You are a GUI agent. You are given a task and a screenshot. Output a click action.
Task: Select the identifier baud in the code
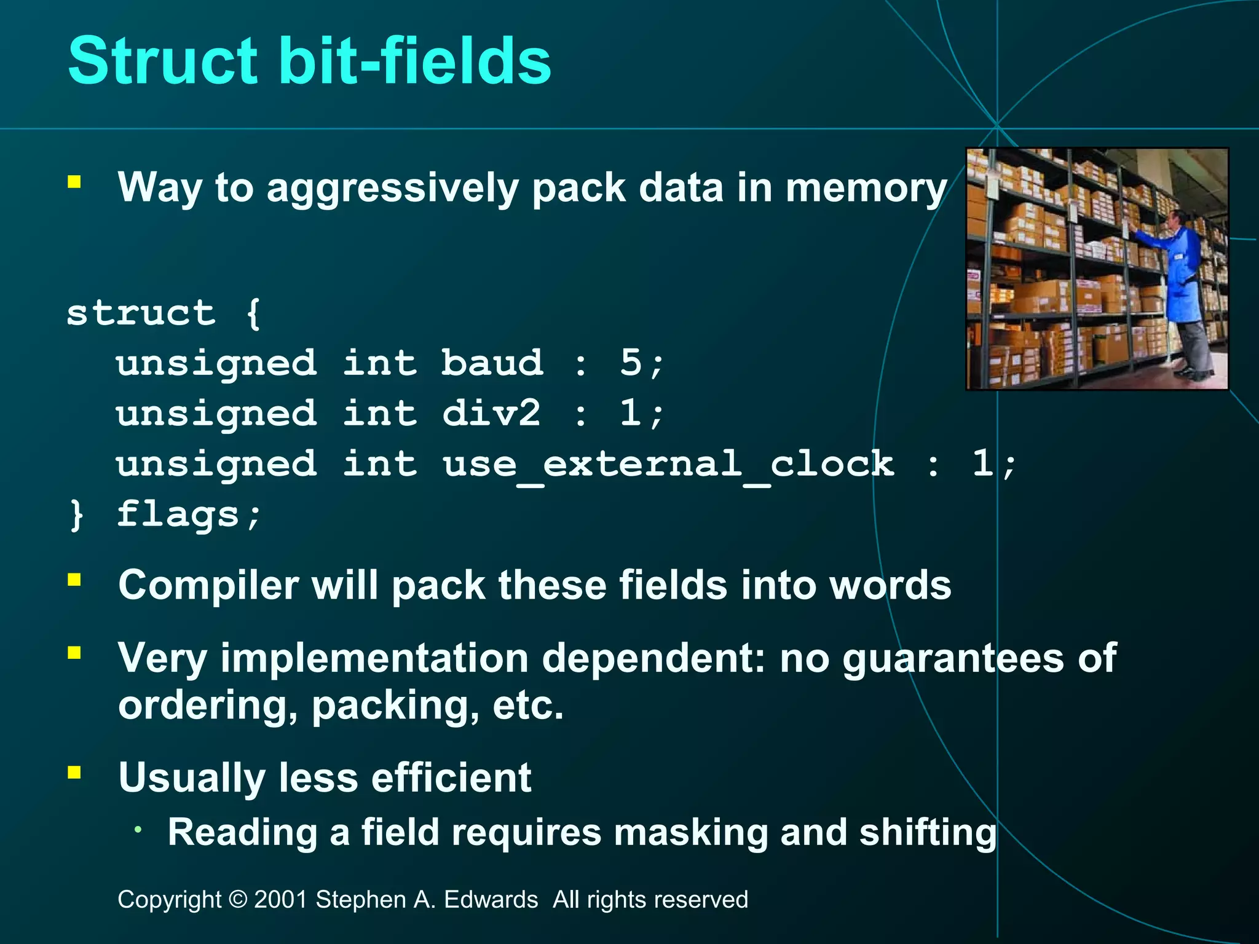pyautogui.click(x=492, y=363)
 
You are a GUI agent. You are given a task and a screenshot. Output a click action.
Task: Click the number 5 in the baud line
pyautogui.click(x=631, y=363)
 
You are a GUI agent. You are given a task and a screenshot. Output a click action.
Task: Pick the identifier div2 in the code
pyautogui.click(x=492, y=413)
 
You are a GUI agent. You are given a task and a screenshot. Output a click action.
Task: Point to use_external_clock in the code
pyautogui.click(x=668, y=464)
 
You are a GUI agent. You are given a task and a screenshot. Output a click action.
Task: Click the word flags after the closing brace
pyautogui.click(x=178, y=515)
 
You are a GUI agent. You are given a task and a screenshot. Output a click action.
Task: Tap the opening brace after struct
pyautogui.click(x=253, y=313)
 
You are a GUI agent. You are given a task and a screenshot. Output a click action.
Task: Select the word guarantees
pyautogui.click(x=953, y=659)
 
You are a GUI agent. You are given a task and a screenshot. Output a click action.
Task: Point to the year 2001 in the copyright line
pyautogui.click(x=280, y=900)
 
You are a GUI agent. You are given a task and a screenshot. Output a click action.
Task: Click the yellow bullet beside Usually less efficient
pyautogui.click(x=74, y=773)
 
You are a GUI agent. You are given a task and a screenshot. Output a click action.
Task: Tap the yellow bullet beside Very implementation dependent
pyautogui.click(x=74, y=653)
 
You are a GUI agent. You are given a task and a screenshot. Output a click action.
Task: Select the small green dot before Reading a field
pyautogui.click(x=139, y=830)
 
